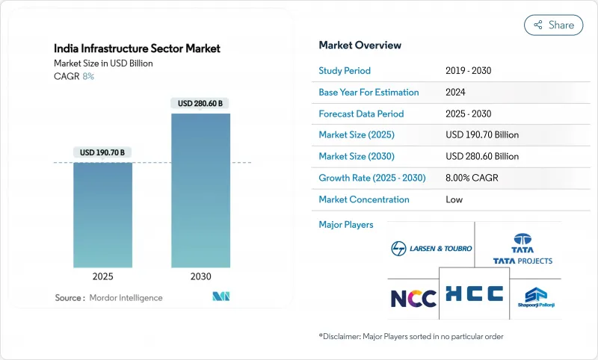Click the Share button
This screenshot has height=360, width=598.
tap(553, 25)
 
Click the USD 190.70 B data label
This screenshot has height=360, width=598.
tap(102, 152)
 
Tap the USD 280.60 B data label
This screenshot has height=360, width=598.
tap(200, 104)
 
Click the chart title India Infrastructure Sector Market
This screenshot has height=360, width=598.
tap(137, 49)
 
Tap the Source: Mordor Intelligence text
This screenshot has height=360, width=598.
tap(108, 298)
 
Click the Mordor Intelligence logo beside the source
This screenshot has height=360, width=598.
tap(221, 297)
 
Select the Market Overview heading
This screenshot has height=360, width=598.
tap(360, 45)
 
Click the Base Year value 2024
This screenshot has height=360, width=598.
tap(456, 93)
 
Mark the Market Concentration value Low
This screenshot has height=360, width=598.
tap(454, 199)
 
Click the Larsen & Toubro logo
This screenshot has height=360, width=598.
tap(431, 248)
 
